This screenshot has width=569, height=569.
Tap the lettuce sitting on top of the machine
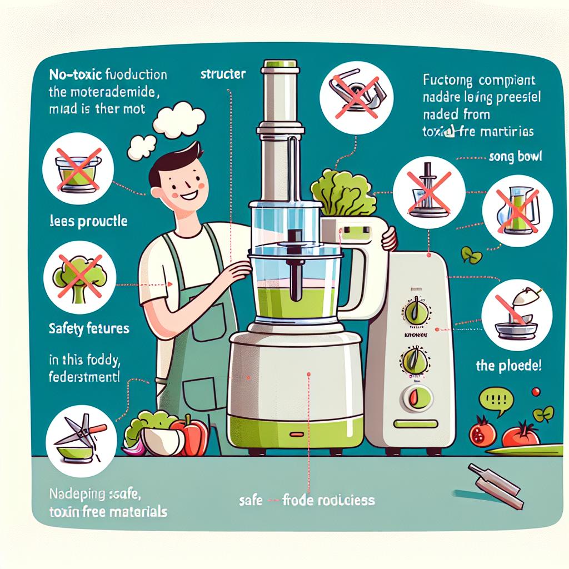[342, 194]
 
